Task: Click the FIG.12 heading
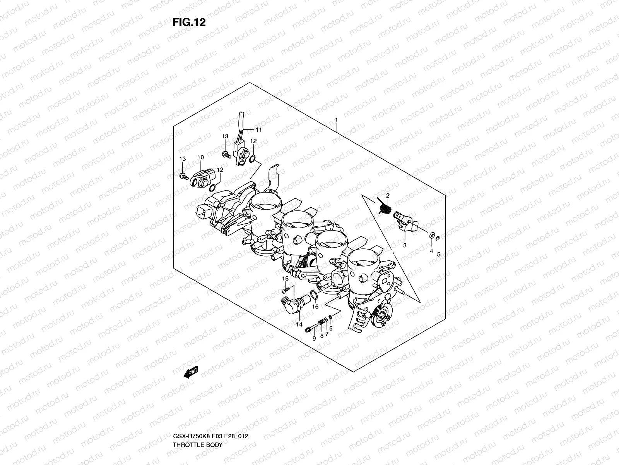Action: coord(189,22)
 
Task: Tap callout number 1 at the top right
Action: coord(337,88)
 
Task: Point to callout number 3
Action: coord(405,245)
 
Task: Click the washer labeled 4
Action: coord(431,235)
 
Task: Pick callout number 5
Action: coord(439,255)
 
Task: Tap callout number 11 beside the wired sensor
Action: coord(258,129)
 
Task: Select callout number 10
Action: coord(200,157)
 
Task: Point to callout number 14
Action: coord(299,324)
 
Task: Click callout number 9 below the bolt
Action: coord(314,338)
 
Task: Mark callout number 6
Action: coord(331,328)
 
